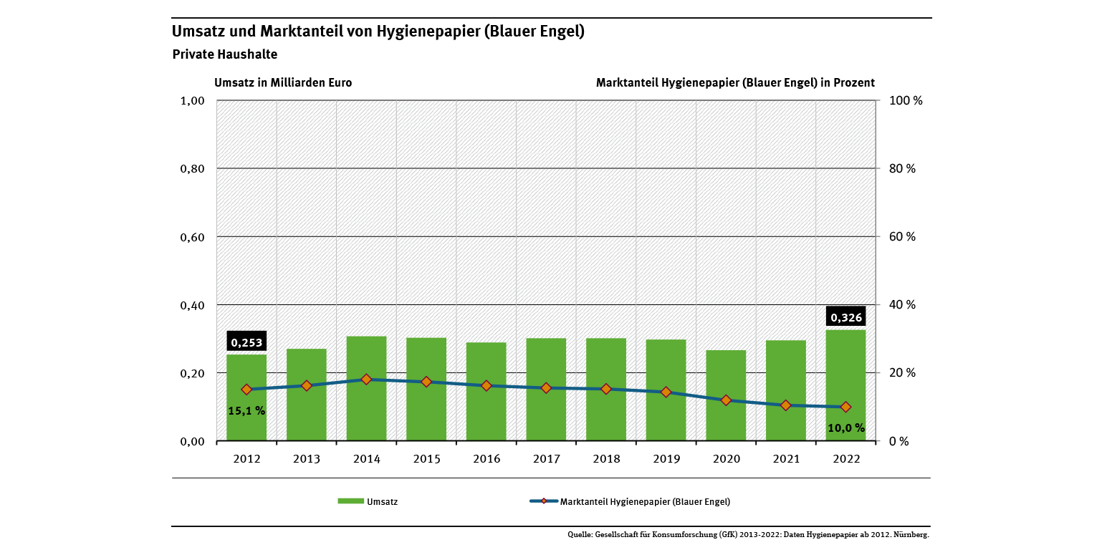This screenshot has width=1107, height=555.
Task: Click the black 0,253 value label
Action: click(246, 342)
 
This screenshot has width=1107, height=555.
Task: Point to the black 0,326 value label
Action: click(845, 317)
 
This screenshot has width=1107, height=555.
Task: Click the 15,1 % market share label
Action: click(246, 411)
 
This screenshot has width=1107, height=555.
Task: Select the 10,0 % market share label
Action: click(846, 428)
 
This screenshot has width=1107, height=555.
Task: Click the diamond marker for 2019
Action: click(666, 392)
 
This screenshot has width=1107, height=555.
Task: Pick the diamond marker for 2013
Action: click(307, 385)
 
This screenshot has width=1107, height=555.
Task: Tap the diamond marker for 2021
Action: click(785, 405)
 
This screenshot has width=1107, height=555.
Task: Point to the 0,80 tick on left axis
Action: click(191, 169)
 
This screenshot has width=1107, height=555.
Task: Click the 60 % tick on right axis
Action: click(902, 237)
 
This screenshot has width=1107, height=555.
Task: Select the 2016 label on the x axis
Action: click(486, 458)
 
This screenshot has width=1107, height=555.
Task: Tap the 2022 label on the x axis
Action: click(845, 458)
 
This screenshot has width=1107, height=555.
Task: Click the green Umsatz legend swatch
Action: click(350, 501)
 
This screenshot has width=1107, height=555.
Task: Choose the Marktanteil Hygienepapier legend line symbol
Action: click(544, 501)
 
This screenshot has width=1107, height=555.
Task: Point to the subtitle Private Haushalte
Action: click(225, 54)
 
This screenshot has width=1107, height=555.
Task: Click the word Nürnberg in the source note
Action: click(911, 535)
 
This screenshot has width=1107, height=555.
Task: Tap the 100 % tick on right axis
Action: click(905, 101)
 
